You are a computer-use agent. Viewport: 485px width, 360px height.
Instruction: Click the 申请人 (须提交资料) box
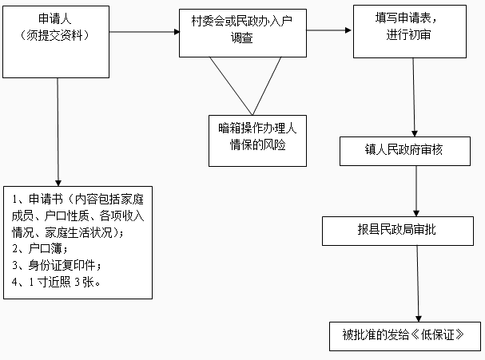tap(58, 30)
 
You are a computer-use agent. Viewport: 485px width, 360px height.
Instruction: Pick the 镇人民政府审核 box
tap(414, 149)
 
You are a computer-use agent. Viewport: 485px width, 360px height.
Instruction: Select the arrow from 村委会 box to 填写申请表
tap(328, 31)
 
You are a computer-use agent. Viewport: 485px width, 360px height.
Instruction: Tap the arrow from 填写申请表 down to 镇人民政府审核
tap(414, 96)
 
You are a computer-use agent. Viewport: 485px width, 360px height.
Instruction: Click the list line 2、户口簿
tap(40, 249)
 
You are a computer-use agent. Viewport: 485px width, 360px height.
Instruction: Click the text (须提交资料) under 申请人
tap(58, 37)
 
